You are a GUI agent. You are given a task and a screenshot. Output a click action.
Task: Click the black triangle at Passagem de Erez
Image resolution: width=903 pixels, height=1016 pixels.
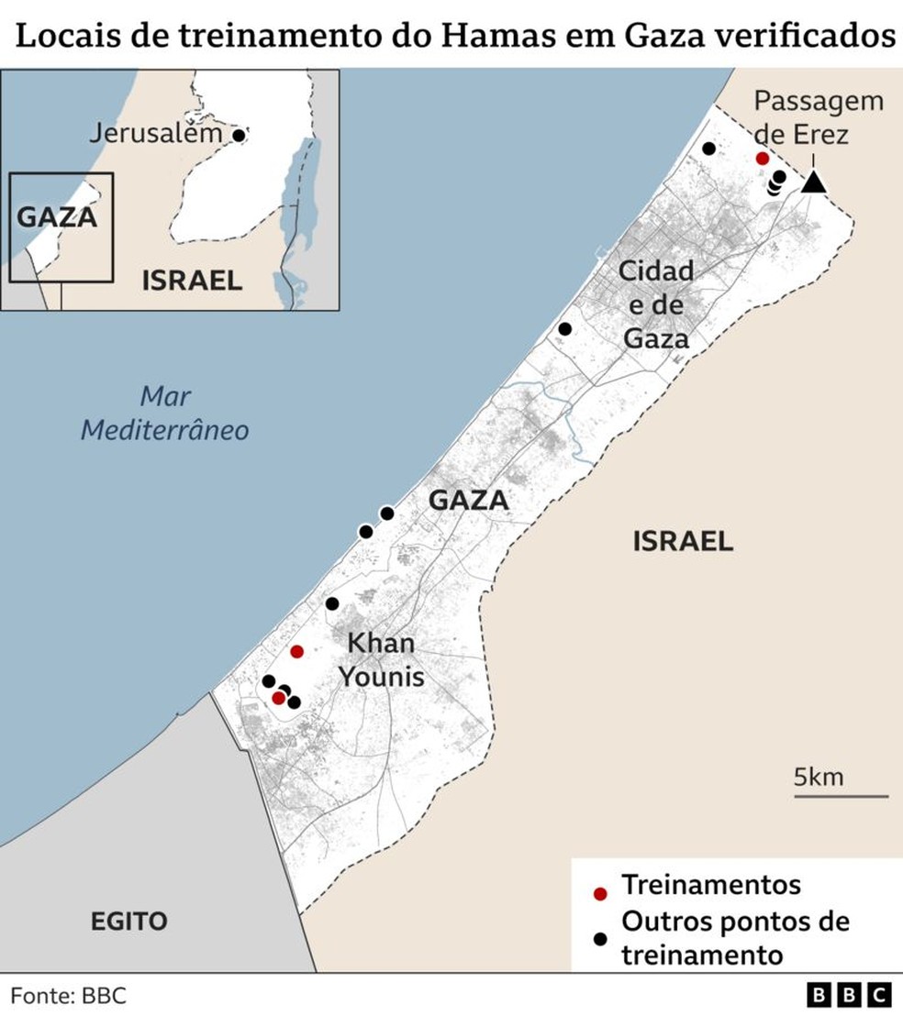pyautogui.click(x=813, y=182)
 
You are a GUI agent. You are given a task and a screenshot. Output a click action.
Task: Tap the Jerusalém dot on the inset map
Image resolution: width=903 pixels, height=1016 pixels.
pyautogui.click(x=239, y=135)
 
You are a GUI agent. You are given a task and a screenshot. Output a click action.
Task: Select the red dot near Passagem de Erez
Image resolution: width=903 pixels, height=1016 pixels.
pyautogui.click(x=762, y=159)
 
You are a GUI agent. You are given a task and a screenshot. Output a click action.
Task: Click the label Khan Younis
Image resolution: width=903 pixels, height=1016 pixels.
pyautogui.click(x=382, y=659)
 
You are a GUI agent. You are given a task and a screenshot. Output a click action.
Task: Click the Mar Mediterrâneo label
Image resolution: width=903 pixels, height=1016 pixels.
pyautogui.click(x=165, y=414)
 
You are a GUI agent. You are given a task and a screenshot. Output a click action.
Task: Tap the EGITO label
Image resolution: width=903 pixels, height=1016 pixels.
pyautogui.click(x=129, y=921)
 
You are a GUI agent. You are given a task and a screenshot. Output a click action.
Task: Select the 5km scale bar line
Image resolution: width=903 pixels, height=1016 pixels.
pyautogui.click(x=841, y=796)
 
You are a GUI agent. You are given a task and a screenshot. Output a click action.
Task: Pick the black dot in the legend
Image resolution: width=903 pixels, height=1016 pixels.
pyautogui.click(x=600, y=938)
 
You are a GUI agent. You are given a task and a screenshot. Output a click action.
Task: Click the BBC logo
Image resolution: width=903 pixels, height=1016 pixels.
pyautogui.click(x=849, y=995)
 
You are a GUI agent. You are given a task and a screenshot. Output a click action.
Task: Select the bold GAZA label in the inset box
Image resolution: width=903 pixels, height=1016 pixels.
pyautogui.click(x=58, y=218)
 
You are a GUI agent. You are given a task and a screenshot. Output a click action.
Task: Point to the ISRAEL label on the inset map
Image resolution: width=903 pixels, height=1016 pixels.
pyautogui.click(x=192, y=281)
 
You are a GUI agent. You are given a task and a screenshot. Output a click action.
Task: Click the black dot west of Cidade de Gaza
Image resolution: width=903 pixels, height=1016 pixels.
pyautogui.click(x=565, y=328)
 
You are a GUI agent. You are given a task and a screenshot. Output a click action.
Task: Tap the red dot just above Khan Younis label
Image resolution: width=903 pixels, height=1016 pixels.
pyautogui.click(x=296, y=652)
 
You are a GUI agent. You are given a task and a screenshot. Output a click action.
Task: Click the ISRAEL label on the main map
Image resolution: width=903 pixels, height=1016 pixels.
pyautogui.click(x=683, y=541)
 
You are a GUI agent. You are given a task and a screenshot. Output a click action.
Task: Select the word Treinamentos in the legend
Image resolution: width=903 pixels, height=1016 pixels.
pyautogui.click(x=711, y=886)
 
